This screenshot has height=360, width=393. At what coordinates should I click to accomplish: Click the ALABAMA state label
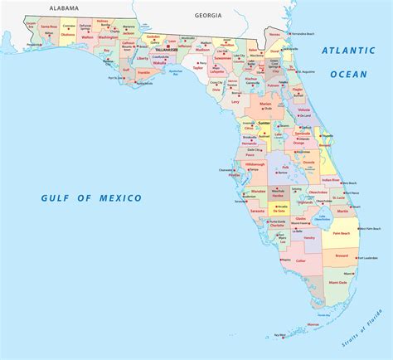[x=63, y=7]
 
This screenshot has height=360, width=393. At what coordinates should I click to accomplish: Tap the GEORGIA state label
[x=207, y=15]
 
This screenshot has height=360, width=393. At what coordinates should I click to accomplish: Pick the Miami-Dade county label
[x=339, y=283]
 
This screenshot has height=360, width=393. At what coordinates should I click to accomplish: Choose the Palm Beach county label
[x=342, y=233]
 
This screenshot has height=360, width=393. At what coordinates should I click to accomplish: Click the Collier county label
[x=301, y=261]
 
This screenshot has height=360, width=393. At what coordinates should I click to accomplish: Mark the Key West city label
[x=280, y=336]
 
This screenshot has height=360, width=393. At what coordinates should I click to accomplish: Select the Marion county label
[x=265, y=105]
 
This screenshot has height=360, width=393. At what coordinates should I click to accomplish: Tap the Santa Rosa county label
[x=49, y=27]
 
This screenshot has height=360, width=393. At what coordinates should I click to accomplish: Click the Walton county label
[x=88, y=36]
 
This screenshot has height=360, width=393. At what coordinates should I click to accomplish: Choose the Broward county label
[x=341, y=257]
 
